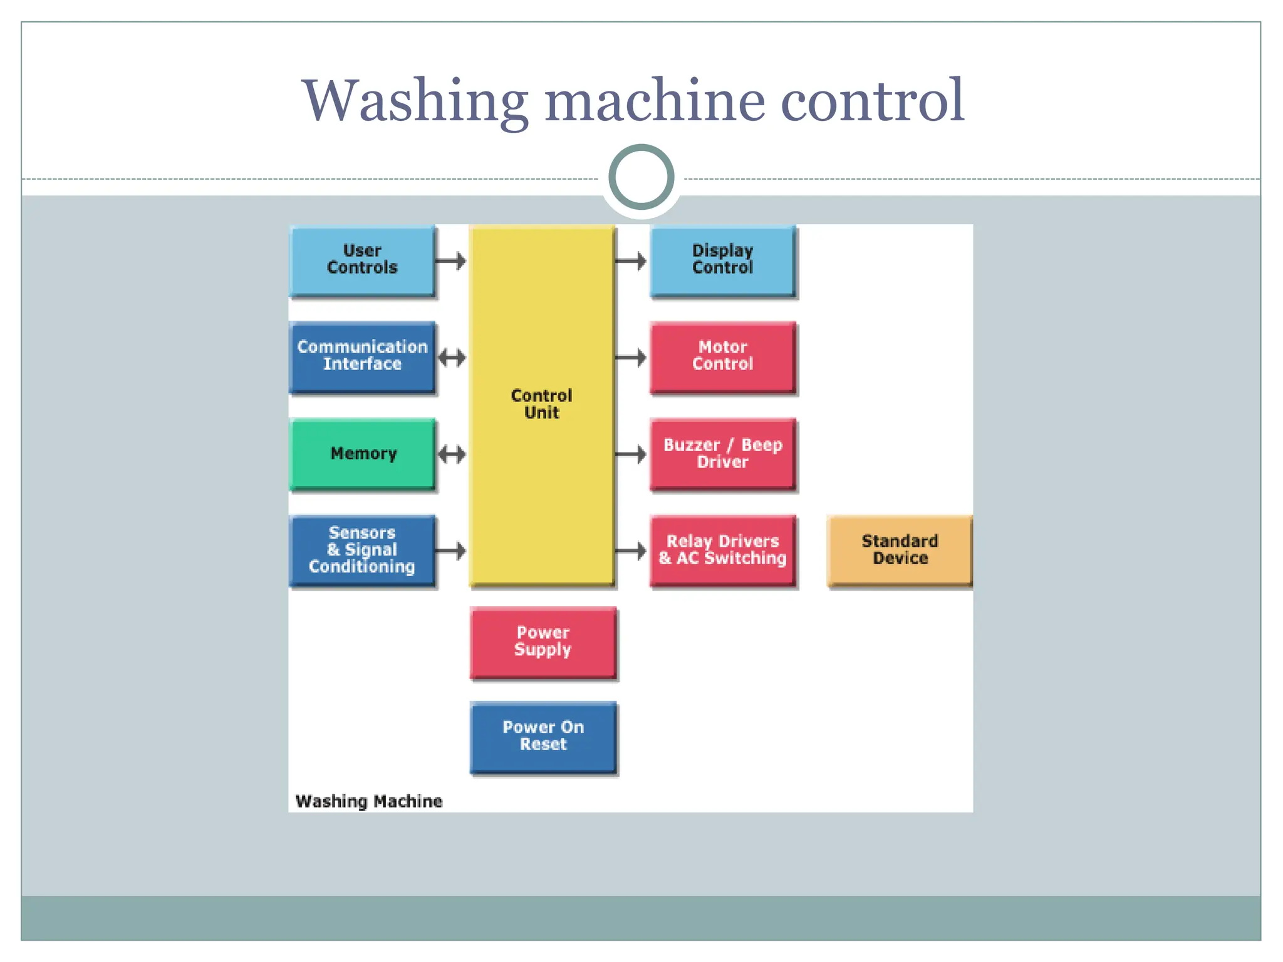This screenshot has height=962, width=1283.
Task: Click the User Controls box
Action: point(362,260)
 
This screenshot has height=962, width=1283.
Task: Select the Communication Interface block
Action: point(362,356)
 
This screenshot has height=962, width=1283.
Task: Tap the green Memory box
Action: point(363,453)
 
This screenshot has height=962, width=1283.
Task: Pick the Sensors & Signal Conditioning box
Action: point(362,550)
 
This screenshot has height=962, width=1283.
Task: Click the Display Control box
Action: point(723,260)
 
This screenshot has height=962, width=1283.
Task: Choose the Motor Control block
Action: point(723,356)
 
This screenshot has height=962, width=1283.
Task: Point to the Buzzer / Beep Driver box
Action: point(723,453)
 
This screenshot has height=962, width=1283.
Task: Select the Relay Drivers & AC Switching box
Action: point(723,550)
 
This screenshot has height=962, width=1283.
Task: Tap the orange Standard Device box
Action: point(900,550)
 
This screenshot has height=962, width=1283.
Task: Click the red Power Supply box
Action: point(543,642)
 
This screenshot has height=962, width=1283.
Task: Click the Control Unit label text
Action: point(542,404)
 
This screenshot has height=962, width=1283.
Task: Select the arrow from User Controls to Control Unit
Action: point(451,261)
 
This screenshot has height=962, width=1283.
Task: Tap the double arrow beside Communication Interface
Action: point(452,358)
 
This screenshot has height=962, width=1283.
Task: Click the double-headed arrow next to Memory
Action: point(452,454)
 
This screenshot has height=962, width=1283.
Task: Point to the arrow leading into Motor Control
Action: point(631,358)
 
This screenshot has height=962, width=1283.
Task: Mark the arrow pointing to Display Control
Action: point(631,261)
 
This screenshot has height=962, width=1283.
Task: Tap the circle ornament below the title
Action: point(641,177)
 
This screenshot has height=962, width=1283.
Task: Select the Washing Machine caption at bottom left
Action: point(369,802)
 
